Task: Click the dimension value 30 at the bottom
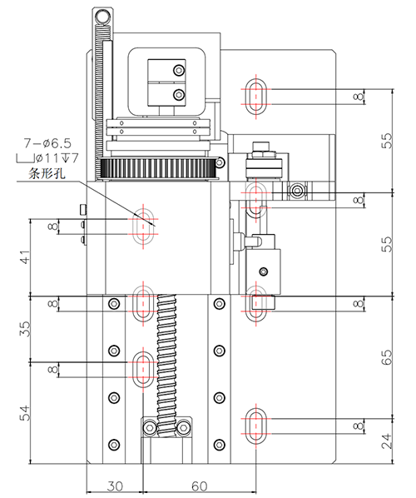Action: click(x=115, y=486)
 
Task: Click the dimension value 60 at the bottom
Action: click(x=200, y=486)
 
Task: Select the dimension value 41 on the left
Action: click(x=25, y=257)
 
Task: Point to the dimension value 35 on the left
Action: click(x=25, y=329)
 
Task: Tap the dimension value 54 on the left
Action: click(x=25, y=413)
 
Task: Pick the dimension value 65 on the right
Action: click(x=387, y=357)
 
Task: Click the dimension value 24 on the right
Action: click(x=387, y=441)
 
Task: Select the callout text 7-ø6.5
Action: click(x=47, y=143)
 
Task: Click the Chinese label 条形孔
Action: click(x=47, y=173)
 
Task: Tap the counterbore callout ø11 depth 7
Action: click(x=47, y=158)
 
